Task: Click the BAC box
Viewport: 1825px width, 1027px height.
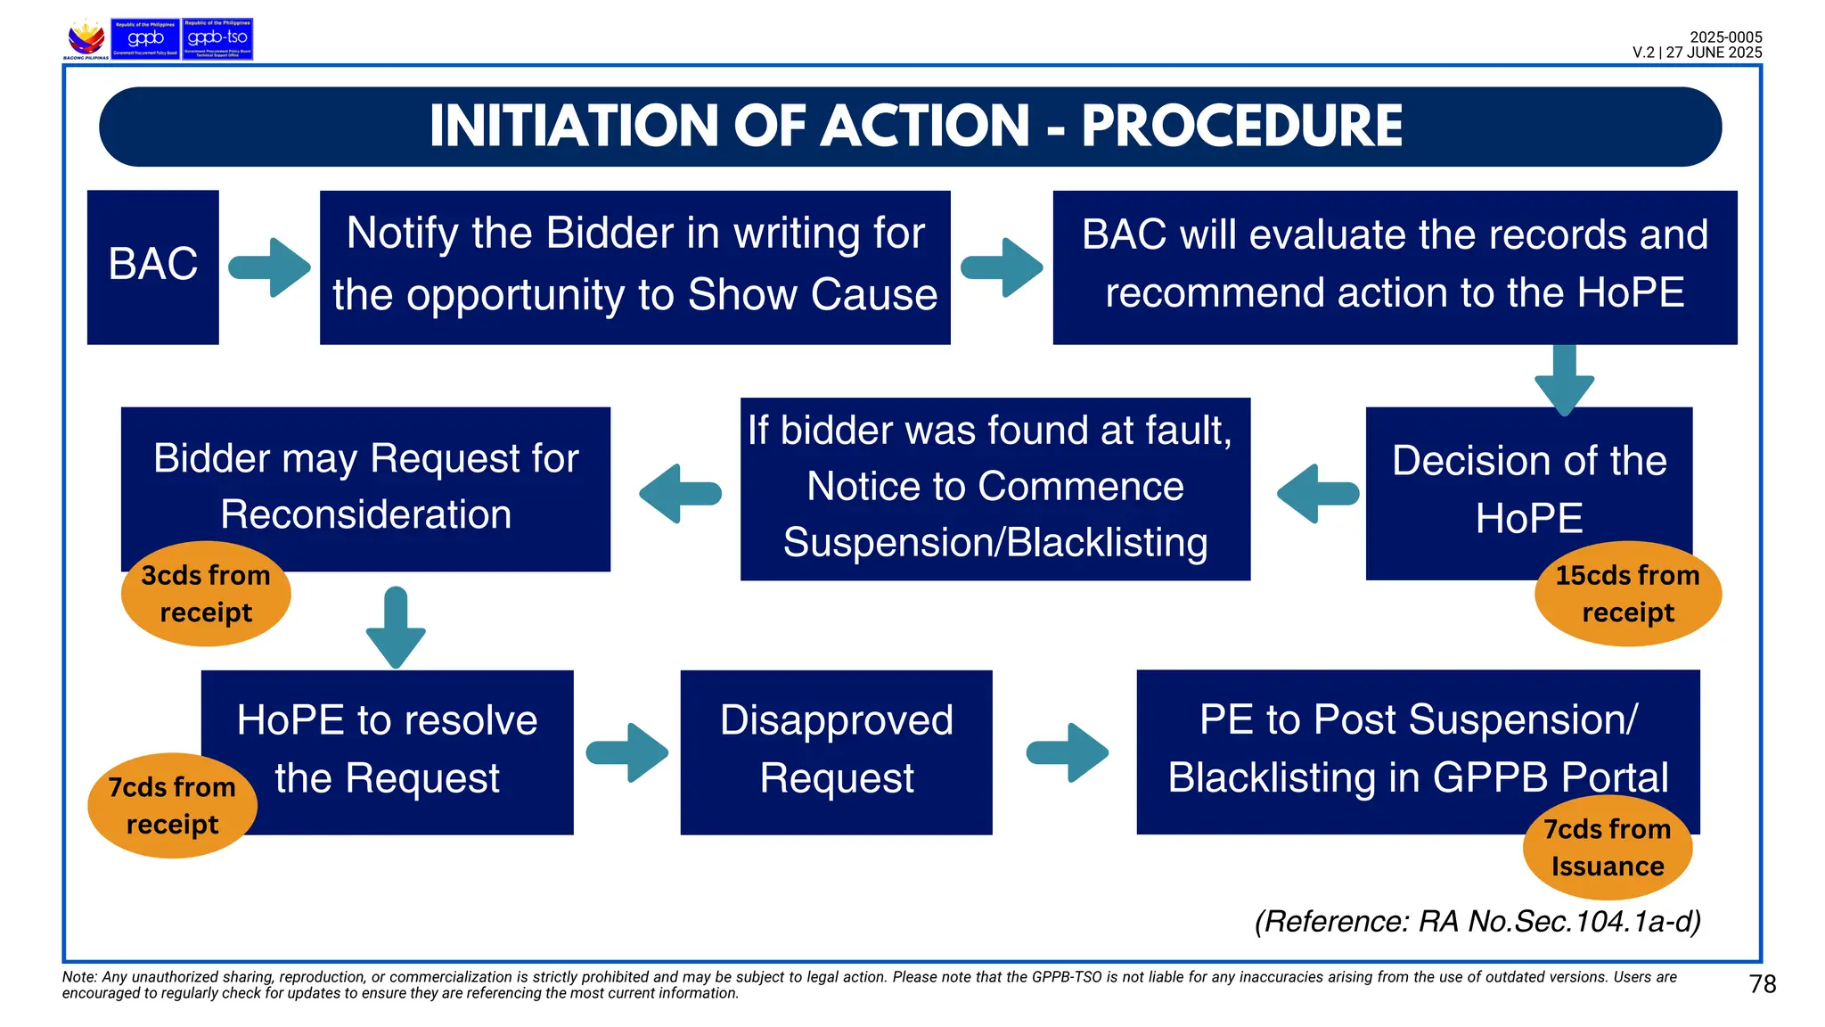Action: pyautogui.click(x=152, y=267)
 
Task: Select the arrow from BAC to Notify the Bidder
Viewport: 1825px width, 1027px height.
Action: pyautogui.click(x=270, y=267)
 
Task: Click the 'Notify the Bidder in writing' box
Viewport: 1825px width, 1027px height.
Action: pyautogui.click(x=634, y=267)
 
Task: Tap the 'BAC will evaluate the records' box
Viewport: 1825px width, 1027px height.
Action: pyautogui.click(x=1395, y=267)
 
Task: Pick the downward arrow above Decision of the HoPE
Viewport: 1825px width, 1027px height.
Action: pyautogui.click(x=1564, y=378)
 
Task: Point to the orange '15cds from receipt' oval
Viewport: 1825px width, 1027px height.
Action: pyautogui.click(x=1627, y=594)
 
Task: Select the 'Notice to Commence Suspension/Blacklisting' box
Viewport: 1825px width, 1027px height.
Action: pyautogui.click(x=994, y=489)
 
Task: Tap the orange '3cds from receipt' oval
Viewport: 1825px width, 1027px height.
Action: pyautogui.click(x=206, y=594)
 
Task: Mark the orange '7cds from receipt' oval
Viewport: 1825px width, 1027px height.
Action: pyautogui.click(x=172, y=806)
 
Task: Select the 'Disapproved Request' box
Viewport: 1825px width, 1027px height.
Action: pyautogui.click(x=836, y=752)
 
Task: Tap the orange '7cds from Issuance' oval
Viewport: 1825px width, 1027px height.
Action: pyautogui.click(x=1607, y=848)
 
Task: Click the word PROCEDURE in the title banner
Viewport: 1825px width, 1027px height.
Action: pyautogui.click(x=1241, y=126)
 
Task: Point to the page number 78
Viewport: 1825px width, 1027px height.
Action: pyautogui.click(x=1762, y=984)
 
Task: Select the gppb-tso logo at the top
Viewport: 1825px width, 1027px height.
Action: pyautogui.click(x=217, y=39)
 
